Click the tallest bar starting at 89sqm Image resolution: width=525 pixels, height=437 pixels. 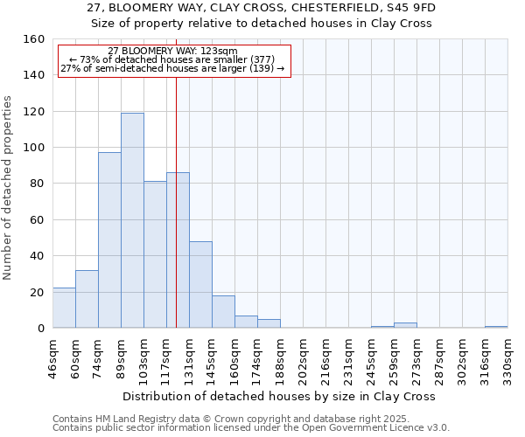coord(132,220)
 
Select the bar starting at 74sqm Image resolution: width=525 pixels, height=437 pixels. coord(109,240)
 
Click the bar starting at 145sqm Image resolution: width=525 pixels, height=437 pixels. coord(223,312)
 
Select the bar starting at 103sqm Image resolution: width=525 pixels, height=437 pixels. coord(155,254)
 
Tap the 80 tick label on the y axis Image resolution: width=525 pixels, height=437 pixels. coord(38,184)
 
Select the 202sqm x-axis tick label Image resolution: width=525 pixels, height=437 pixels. coord(304,358)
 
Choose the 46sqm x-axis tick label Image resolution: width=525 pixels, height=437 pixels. coord(53,358)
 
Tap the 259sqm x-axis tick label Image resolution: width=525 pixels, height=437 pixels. coord(395,358)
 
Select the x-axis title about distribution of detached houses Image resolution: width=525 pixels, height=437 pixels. coord(279,396)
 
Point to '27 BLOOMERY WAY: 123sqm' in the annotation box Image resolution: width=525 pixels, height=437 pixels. coord(173,52)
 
